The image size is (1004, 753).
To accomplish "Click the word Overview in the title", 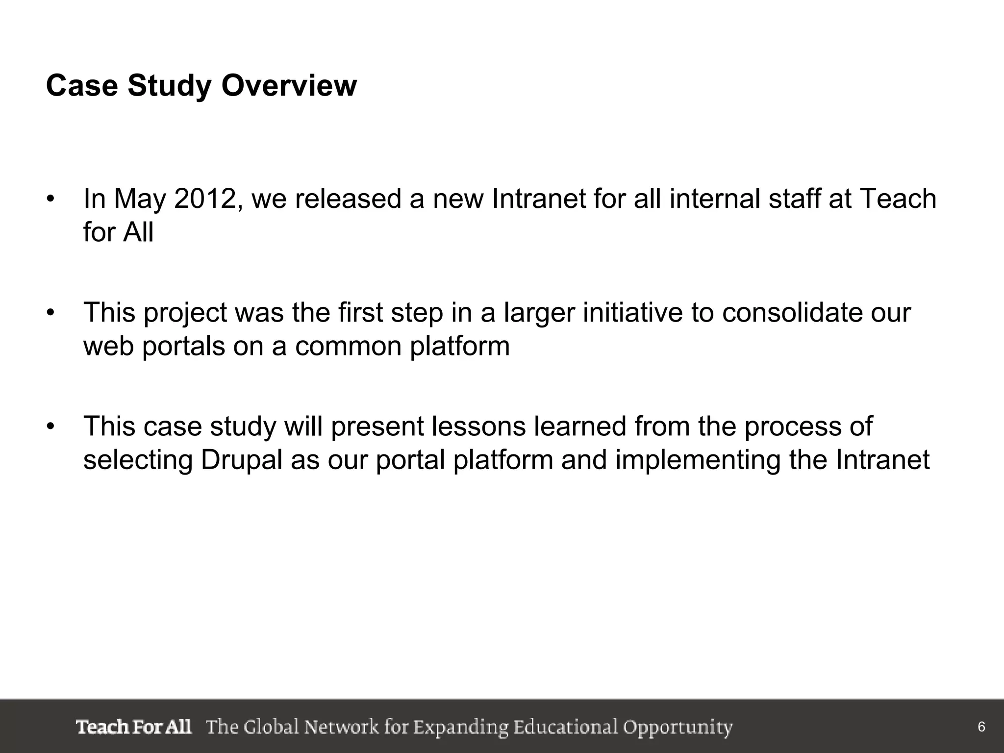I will tap(289, 86).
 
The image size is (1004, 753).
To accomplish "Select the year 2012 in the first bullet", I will tap(206, 199).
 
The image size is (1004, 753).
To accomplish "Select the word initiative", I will tap(632, 312).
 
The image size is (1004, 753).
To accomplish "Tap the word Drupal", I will tap(241, 460).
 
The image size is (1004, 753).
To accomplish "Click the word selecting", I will tap(138, 460).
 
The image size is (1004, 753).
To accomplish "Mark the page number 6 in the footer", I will tap(981, 727).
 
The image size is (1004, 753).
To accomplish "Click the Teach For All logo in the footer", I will tap(133, 727).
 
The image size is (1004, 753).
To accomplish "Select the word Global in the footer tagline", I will tap(271, 727).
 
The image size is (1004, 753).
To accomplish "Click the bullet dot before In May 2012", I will tap(50, 199).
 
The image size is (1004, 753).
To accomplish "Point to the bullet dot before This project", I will tap(50, 313).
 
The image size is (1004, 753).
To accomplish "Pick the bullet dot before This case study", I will tap(50, 427).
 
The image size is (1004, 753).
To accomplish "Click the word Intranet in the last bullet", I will tap(882, 460).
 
